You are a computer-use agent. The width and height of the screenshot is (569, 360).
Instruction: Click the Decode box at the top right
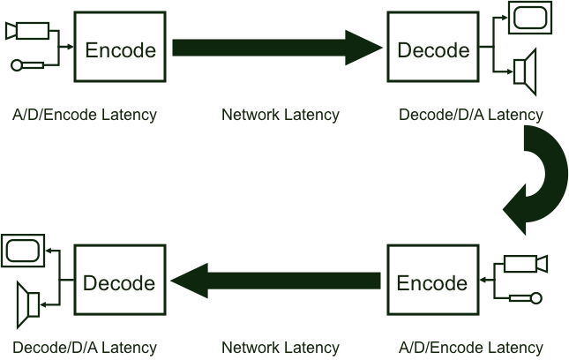[x=433, y=49]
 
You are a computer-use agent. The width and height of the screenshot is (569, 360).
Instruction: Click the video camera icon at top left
[x=26, y=31]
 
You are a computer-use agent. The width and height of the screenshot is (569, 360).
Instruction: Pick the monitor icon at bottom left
[x=23, y=250]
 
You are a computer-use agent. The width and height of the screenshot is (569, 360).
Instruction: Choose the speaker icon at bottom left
[x=28, y=304]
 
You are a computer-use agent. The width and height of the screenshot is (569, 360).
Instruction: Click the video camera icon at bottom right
[x=526, y=264]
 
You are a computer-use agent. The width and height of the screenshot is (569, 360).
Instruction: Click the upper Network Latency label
[x=280, y=115]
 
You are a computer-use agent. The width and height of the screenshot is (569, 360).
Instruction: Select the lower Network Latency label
[x=280, y=348]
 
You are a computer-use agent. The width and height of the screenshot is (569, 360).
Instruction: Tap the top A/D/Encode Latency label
[x=85, y=115]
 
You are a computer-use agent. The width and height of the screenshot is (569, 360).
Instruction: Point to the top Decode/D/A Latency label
[x=471, y=115]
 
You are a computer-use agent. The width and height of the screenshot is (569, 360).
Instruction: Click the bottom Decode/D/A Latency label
[x=85, y=348]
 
